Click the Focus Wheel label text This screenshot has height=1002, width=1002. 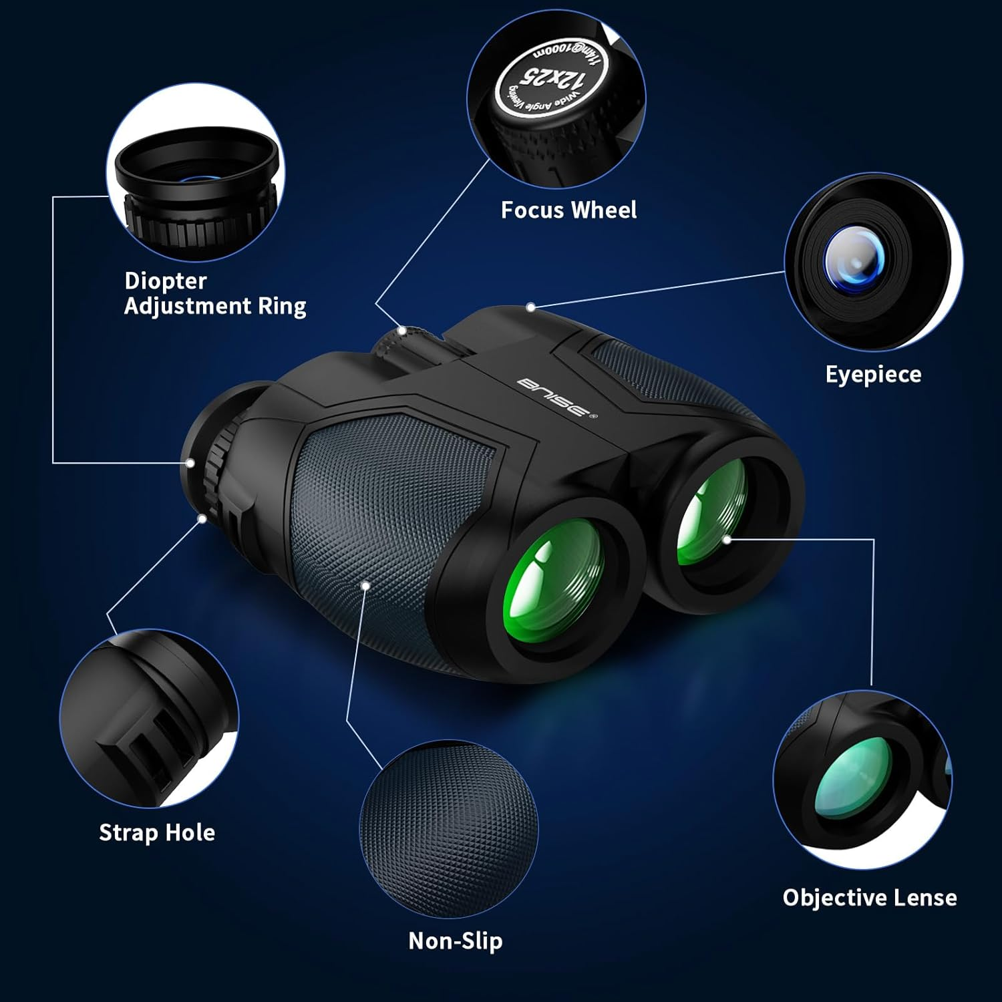click(x=568, y=210)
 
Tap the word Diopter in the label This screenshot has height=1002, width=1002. click(x=166, y=281)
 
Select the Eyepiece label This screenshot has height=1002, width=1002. click(x=873, y=374)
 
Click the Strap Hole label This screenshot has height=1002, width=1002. click(x=157, y=833)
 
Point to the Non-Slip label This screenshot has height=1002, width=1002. click(x=455, y=941)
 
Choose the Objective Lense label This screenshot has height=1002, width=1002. click(x=869, y=898)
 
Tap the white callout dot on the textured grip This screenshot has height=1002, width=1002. click(x=365, y=585)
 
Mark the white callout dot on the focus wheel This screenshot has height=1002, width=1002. click(x=401, y=330)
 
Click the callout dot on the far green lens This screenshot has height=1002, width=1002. click(x=727, y=538)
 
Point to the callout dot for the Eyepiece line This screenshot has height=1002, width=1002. click(x=530, y=307)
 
